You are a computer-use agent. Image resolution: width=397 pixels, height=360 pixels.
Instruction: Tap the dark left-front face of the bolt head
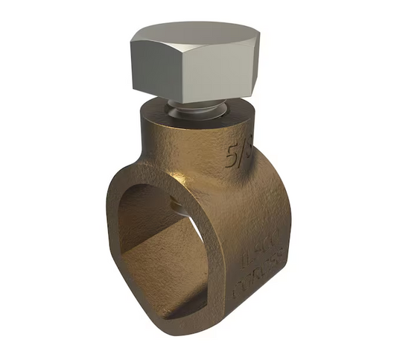(x=156, y=68)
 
